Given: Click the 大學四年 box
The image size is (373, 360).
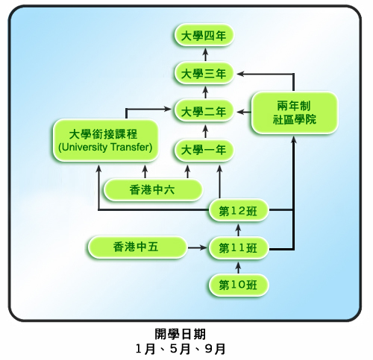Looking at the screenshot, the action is click(x=204, y=35).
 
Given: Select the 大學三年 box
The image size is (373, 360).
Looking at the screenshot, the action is click(x=204, y=74).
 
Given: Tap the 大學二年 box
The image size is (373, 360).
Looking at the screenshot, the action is click(x=204, y=111).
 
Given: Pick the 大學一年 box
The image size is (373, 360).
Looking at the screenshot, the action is click(x=204, y=150).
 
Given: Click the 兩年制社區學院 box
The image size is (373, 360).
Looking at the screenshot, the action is click(x=295, y=113).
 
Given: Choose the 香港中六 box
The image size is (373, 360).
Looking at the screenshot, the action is click(x=153, y=190).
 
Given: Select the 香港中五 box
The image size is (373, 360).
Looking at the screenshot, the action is click(x=137, y=247).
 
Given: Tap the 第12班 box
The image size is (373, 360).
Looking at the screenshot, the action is click(x=238, y=210).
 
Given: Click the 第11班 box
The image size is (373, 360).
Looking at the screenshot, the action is click(x=238, y=247).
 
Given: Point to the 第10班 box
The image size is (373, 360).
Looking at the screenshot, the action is click(x=238, y=285).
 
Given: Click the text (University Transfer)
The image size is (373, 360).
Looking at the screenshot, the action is click(x=105, y=147).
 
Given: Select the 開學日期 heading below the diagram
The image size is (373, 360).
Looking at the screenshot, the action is click(x=181, y=334).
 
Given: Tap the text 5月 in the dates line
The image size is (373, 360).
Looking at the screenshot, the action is click(x=180, y=349).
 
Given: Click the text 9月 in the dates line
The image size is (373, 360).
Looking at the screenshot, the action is click(x=216, y=349).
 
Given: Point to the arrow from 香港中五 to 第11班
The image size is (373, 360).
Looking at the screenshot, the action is click(x=197, y=247).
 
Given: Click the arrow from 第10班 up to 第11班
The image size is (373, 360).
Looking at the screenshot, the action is click(x=238, y=268).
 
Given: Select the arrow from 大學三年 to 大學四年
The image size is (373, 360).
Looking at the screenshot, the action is click(x=205, y=54).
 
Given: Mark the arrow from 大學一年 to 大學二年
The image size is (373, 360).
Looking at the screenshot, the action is click(x=205, y=131).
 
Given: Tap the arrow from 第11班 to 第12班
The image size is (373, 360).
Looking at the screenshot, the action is click(x=238, y=230).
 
